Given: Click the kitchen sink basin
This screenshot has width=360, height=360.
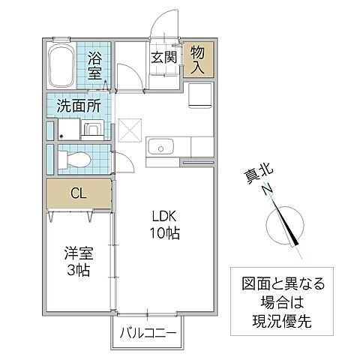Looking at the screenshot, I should pos(160,146).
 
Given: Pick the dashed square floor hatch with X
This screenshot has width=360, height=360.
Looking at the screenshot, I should pos(129,130).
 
